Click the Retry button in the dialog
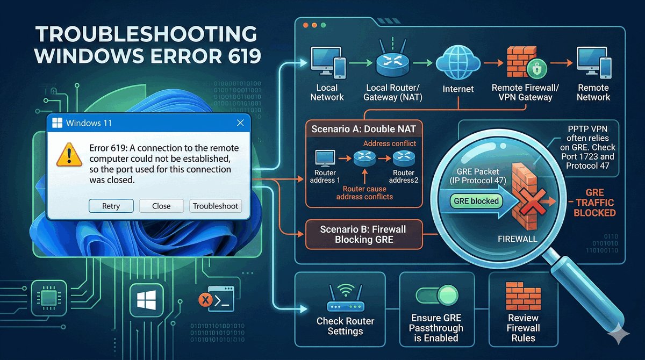coord(111,206)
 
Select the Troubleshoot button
coord(216,206)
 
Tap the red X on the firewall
coord(526,204)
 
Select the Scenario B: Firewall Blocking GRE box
coord(363,234)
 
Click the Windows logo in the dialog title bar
coord(57,123)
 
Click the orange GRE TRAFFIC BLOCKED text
coord(594,203)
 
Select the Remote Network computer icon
coord(592,62)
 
